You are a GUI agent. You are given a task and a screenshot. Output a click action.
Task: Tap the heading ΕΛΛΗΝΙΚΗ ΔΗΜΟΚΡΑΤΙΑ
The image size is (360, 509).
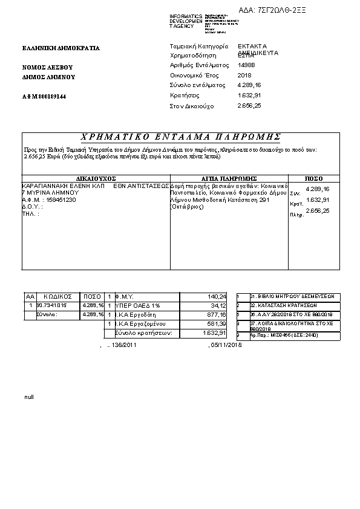61,48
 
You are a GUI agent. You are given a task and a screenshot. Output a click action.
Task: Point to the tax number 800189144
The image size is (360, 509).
50,97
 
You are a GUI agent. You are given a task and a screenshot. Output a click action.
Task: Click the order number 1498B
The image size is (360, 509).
247,65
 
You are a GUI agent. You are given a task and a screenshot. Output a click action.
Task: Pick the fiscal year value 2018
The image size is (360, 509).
244,75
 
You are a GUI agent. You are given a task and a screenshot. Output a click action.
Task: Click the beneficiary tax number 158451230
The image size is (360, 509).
59,199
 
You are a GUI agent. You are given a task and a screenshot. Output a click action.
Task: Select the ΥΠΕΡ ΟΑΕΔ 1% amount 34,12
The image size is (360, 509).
218,306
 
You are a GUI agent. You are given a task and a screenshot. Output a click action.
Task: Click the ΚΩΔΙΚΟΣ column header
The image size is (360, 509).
58,297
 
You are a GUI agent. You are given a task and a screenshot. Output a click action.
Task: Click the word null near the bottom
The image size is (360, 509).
29,397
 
